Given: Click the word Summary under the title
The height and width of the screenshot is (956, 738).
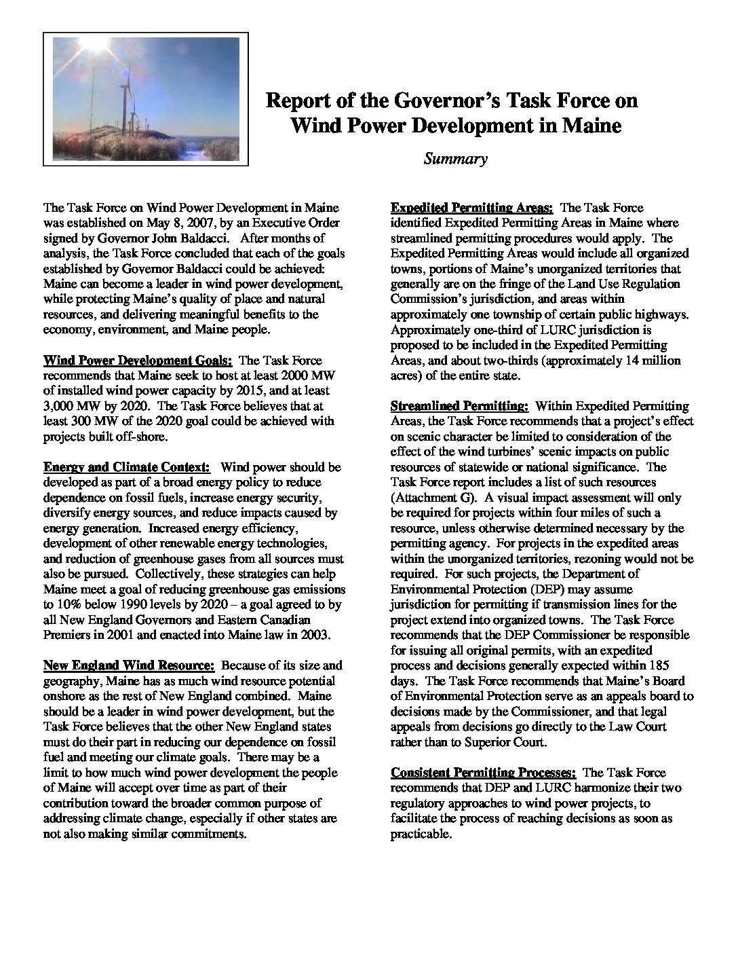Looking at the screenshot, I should click(x=455, y=160).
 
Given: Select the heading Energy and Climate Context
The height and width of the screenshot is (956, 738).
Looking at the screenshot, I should click(x=127, y=467).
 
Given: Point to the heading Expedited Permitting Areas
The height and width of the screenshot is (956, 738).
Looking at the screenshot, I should click(x=472, y=208).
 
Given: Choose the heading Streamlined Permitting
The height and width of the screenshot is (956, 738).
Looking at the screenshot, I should click(x=459, y=406).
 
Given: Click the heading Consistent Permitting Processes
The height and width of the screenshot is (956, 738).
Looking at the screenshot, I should click(x=484, y=773).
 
